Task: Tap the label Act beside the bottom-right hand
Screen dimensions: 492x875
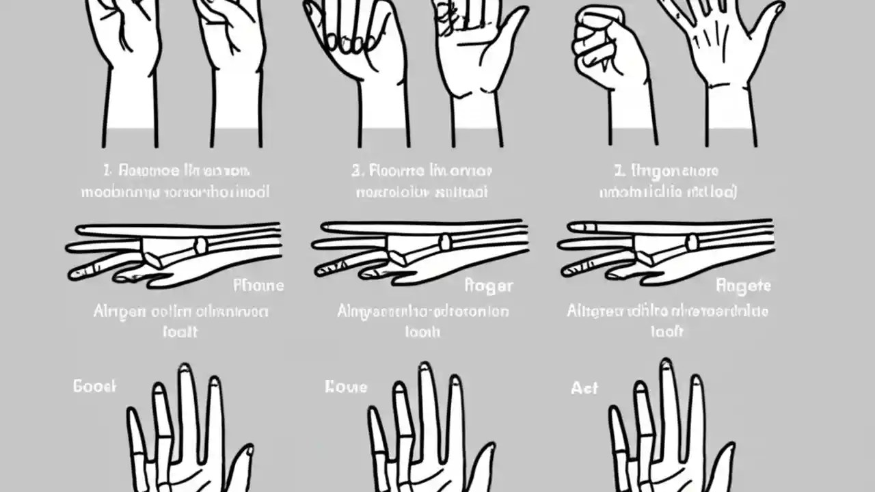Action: [584, 388]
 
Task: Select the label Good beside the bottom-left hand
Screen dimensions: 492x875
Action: [94, 386]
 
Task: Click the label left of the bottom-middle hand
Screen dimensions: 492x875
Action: [346, 387]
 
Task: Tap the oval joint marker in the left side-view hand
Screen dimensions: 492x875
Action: [200, 245]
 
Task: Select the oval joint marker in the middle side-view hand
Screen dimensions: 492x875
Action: [445, 242]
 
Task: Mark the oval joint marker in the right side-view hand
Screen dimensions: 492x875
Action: [692, 242]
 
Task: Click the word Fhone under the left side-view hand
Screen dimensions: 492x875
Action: [258, 285]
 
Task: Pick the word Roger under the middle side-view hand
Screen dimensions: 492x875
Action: [488, 285]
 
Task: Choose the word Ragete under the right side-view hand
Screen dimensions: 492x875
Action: [742, 285]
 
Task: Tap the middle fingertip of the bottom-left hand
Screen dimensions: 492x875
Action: [184, 373]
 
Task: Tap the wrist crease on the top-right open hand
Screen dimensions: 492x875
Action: [730, 86]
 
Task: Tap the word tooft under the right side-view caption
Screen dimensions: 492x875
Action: [667, 331]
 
